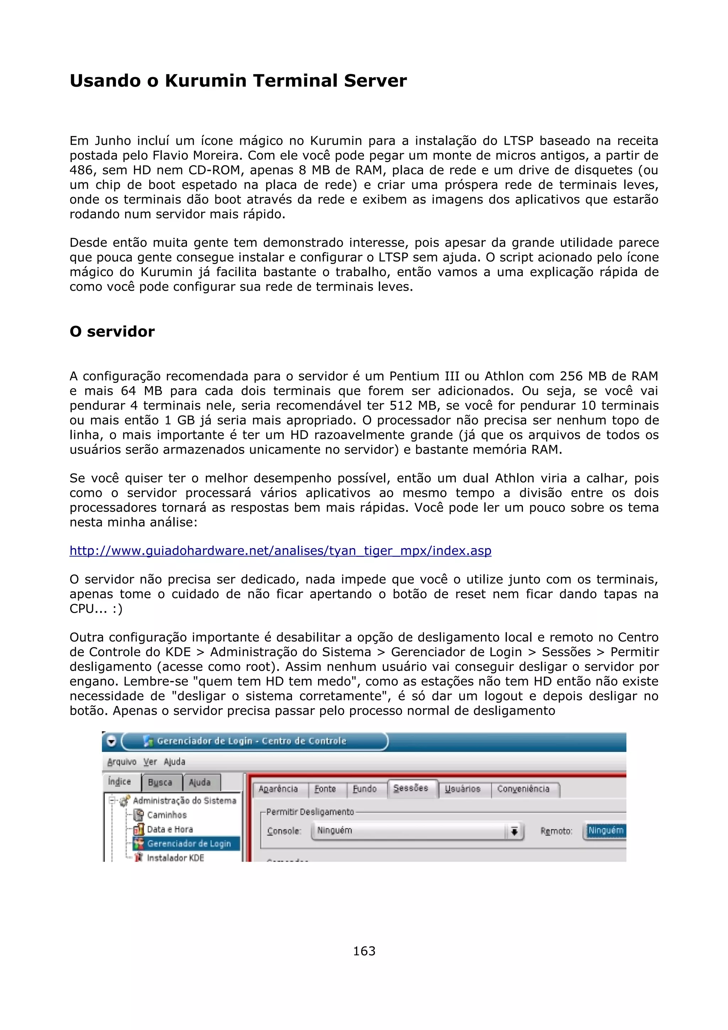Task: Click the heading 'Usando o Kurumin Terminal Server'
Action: coord(238,81)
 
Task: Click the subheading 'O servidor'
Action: coord(112,332)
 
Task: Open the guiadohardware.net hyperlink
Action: coord(280,551)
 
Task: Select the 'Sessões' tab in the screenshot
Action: coord(411,788)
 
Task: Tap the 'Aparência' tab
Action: coord(278,789)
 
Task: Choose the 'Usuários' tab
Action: coord(462,789)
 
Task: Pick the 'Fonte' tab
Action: coord(325,789)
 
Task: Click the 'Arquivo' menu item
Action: coord(122,762)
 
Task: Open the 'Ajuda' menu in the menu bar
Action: coord(175,762)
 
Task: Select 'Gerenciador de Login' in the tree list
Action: coord(189,843)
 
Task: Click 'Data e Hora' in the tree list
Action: coord(170,829)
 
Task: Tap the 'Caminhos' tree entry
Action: coord(167,815)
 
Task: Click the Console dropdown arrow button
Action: coord(514,831)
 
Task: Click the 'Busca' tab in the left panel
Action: coord(160,782)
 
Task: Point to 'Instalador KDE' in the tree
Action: coord(175,857)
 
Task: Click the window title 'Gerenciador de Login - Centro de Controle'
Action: coord(251,741)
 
